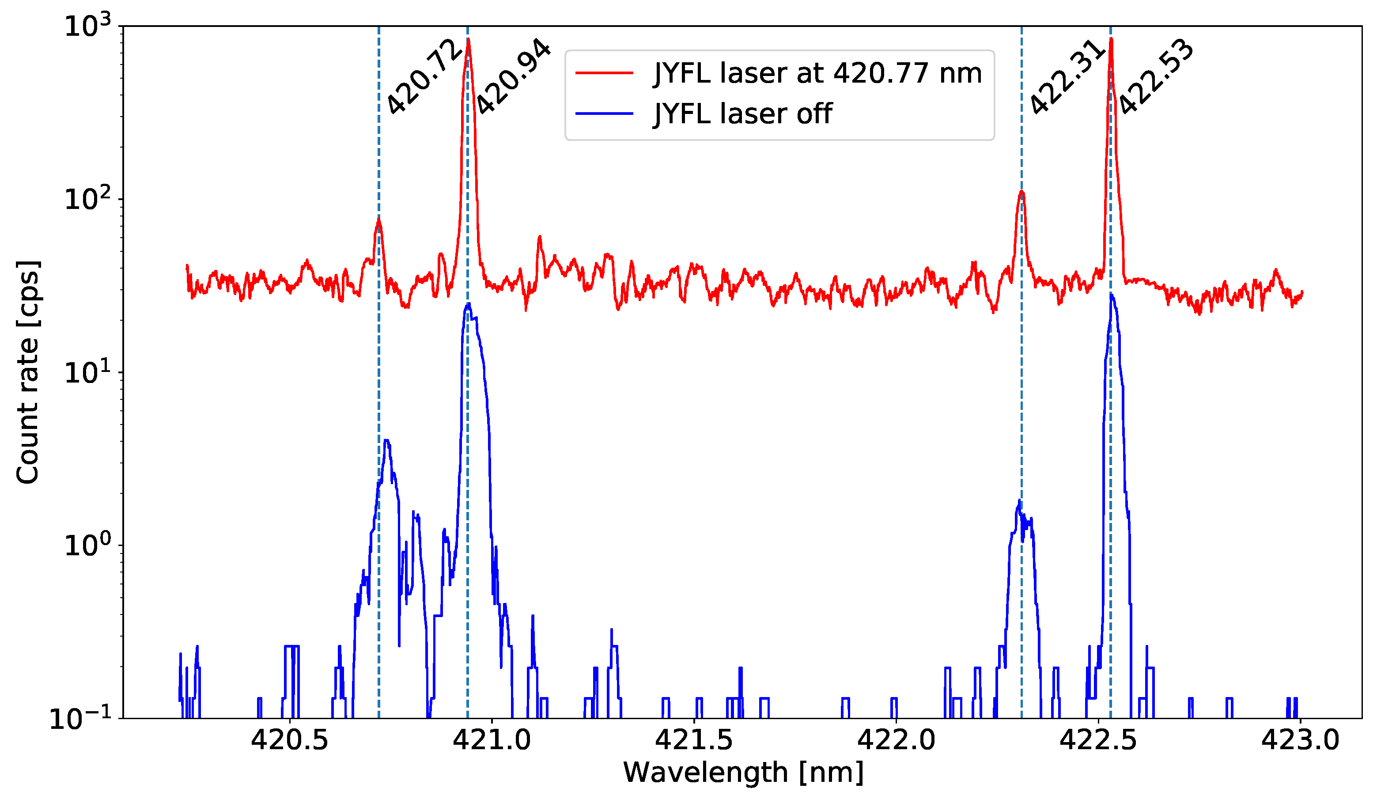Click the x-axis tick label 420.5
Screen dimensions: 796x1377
pyautogui.click(x=290, y=741)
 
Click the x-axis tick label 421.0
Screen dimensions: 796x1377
pyautogui.click(x=492, y=741)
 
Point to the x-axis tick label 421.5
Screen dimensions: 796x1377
pyautogui.click(x=694, y=741)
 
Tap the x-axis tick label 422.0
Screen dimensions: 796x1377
pyautogui.click(x=896, y=741)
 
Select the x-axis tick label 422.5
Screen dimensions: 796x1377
pyautogui.click(x=1098, y=741)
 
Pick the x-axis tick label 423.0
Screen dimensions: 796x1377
pyautogui.click(x=1301, y=741)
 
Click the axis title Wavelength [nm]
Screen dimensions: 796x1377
pyautogui.click(x=743, y=773)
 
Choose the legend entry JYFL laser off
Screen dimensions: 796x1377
pyautogui.click(x=743, y=114)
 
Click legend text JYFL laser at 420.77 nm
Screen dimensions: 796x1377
pyautogui.click(x=817, y=73)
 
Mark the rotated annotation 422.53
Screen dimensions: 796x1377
pyautogui.click(x=1156, y=76)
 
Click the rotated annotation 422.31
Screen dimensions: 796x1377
pyautogui.click(x=1068, y=76)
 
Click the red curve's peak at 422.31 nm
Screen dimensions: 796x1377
pyautogui.click(x=1021, y=192)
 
